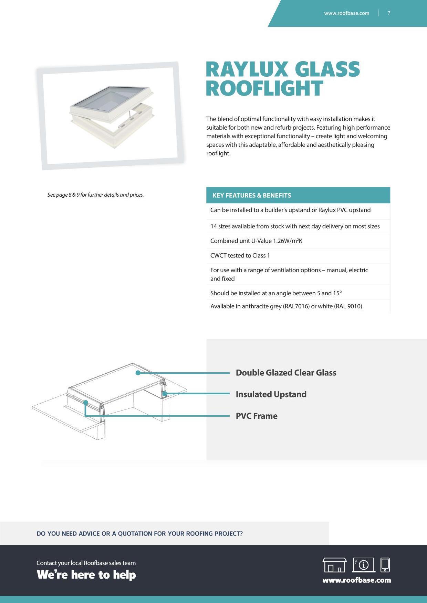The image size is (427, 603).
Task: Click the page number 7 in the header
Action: click(389, 13)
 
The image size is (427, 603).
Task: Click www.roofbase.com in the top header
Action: click(346, 13)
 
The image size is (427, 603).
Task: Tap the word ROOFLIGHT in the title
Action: click(264, 88)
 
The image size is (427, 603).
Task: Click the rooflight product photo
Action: click(111, 116)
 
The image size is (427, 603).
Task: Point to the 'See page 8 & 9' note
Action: click(95, 195)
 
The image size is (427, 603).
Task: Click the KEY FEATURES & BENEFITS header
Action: click(252, 195)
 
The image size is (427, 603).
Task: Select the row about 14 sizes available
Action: click(295, 226)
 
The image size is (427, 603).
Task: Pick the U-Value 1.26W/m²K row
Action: click(256, 241)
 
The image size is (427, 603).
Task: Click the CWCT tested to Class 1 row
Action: click(240, 255)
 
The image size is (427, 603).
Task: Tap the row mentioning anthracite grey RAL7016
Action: click(286, 306)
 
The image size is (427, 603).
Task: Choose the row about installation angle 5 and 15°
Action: click(276, 293)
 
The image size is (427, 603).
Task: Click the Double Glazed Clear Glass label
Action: click(286, 373)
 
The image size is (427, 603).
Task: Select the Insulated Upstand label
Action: click(271, 394)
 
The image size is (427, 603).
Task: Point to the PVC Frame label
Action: click(257, 416)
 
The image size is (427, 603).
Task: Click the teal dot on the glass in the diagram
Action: click(138, 373)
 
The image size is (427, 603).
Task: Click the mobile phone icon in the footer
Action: click(385, 565)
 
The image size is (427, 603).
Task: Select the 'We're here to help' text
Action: click(86, 575)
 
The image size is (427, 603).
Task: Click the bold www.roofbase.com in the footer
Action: click(356, 580)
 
